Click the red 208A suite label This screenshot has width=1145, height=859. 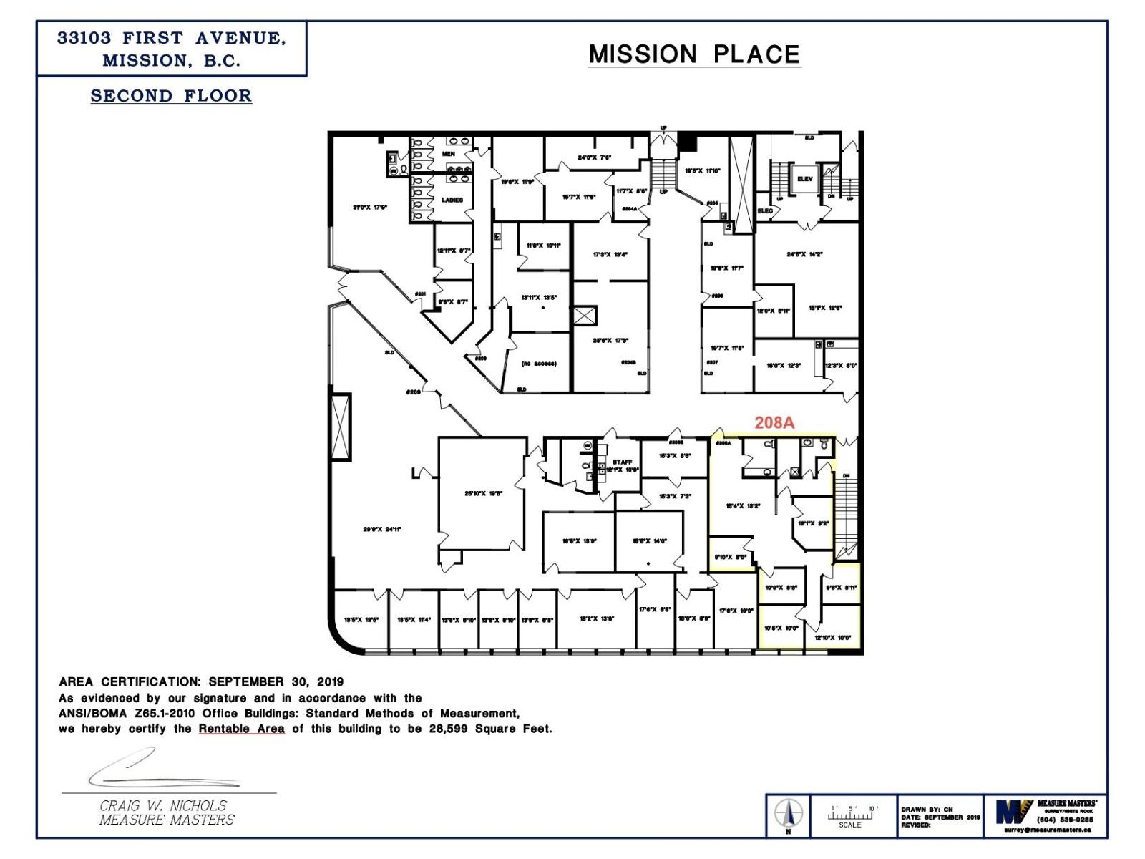(x=774, y=422)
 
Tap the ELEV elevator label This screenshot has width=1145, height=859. (x=805, y=179)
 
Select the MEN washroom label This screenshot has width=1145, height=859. (x=449, y=154)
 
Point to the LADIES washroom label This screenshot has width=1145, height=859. (x=452, y=200)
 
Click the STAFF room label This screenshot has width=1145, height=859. (x=622, y=462)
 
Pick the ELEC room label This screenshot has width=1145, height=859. (x=766, y=211)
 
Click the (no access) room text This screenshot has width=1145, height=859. (x=539, y=364)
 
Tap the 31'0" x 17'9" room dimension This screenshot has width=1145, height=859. (x=370, y=208)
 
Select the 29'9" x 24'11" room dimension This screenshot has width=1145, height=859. (x=382, y=530)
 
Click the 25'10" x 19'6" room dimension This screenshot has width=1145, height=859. (x=484, y=493)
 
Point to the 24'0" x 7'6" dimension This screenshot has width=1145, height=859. (x=595, y=157)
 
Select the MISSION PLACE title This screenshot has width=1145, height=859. (x=693, y=54)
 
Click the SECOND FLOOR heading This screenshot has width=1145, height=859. (x=171, y=96)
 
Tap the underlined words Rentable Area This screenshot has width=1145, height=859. (x=241, y=729)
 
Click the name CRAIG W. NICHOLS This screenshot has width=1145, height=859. (x=163, y=806)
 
